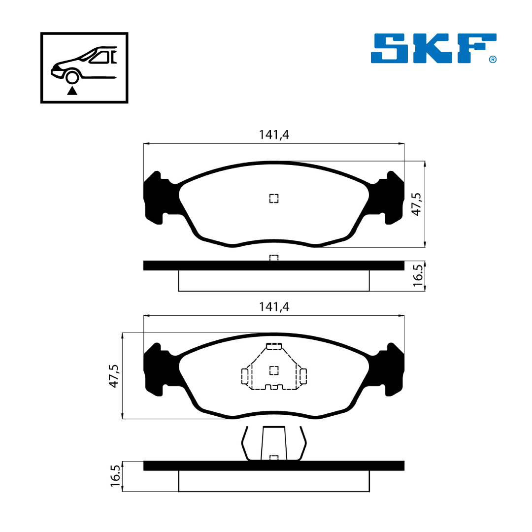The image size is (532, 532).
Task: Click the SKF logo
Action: point(433,48)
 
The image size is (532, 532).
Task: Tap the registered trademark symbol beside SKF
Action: point(493,60)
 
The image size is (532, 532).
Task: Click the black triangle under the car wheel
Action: point(72,91)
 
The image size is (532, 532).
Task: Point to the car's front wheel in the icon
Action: point(72,77)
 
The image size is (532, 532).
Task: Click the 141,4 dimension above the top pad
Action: point(274,135)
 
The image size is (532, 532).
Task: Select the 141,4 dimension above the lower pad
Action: point(274,307)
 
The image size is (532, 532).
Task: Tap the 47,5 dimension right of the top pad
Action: point(416,204)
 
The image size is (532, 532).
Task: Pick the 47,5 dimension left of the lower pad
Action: point(114,376)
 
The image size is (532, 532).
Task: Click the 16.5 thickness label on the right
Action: point(418,275)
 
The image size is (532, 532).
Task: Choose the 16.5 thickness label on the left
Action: point(115,476)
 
